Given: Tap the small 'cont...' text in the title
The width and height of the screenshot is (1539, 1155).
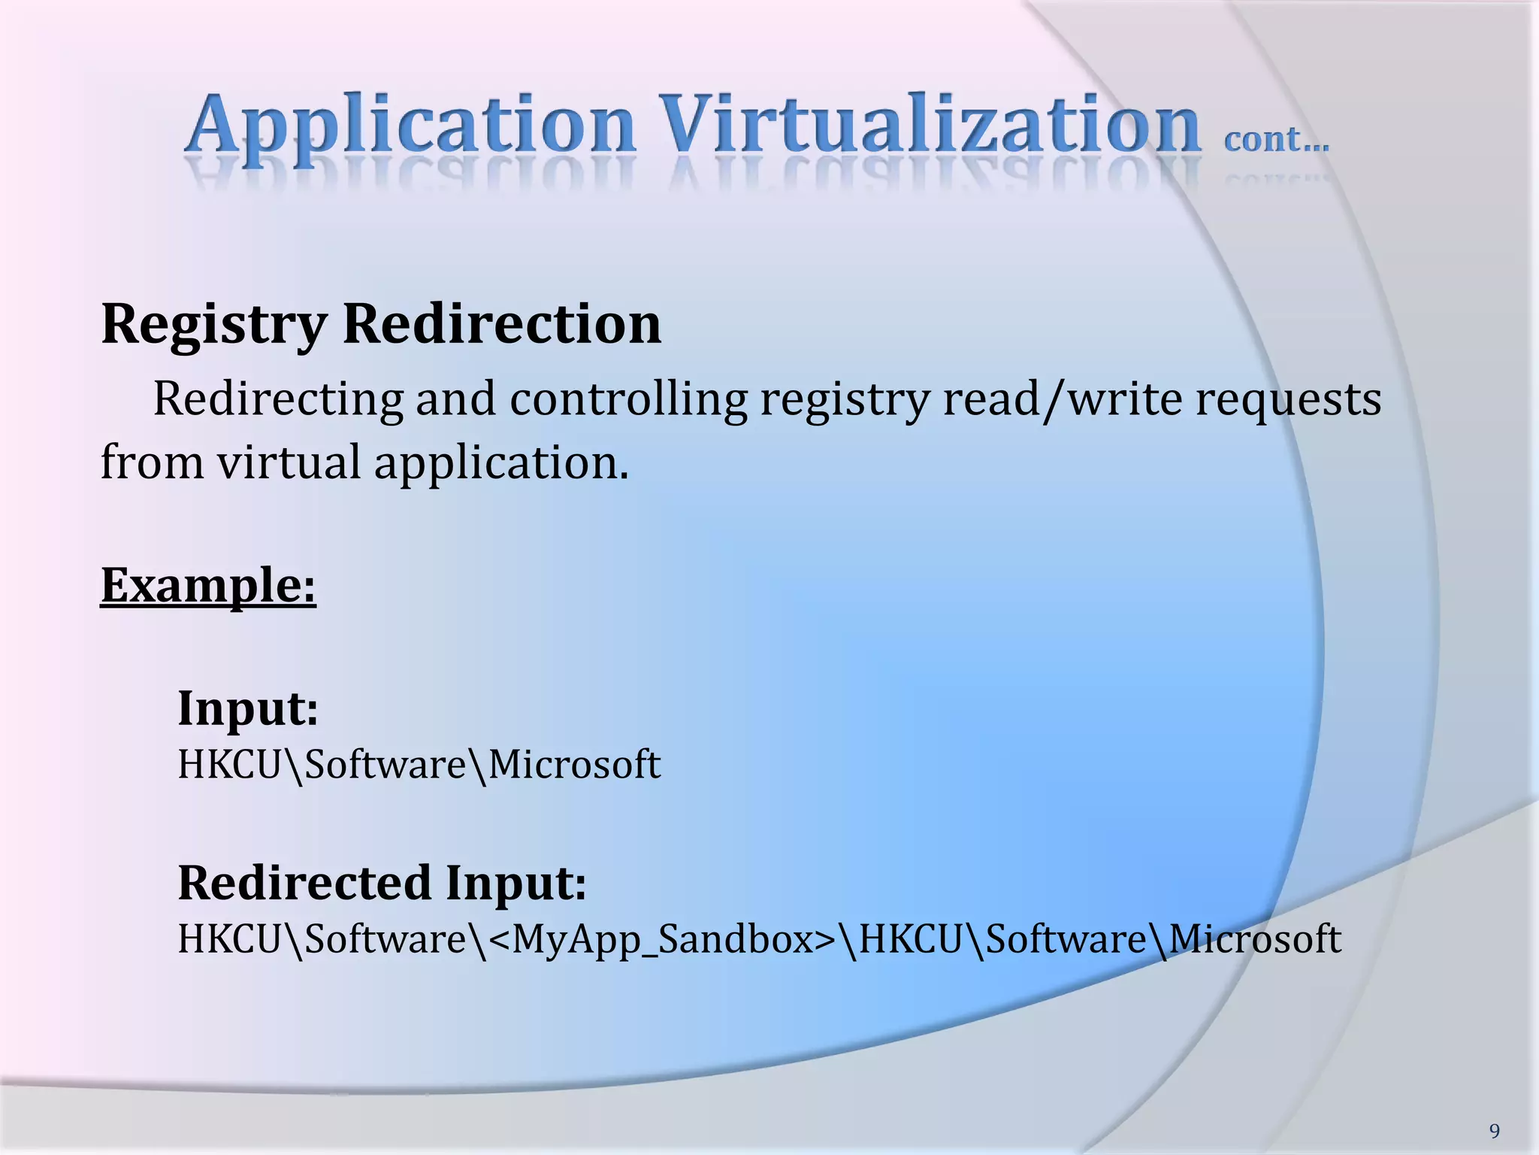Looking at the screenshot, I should (1276, 140).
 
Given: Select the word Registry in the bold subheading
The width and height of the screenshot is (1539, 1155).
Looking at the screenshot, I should (214, 325).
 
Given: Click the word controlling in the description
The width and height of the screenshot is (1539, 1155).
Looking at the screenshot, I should (628, 399).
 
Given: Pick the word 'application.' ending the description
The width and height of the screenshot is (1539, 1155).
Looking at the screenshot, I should (501, 462).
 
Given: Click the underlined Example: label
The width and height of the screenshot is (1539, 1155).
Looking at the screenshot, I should (208, 585).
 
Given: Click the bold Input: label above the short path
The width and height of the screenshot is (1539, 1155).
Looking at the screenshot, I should (248, 708).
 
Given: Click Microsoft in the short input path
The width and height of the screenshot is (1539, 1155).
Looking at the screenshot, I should (574, 765).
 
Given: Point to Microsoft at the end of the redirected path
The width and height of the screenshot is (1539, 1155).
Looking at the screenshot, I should (1255, 939).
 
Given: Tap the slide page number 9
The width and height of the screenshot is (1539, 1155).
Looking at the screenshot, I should (1495, 1131).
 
